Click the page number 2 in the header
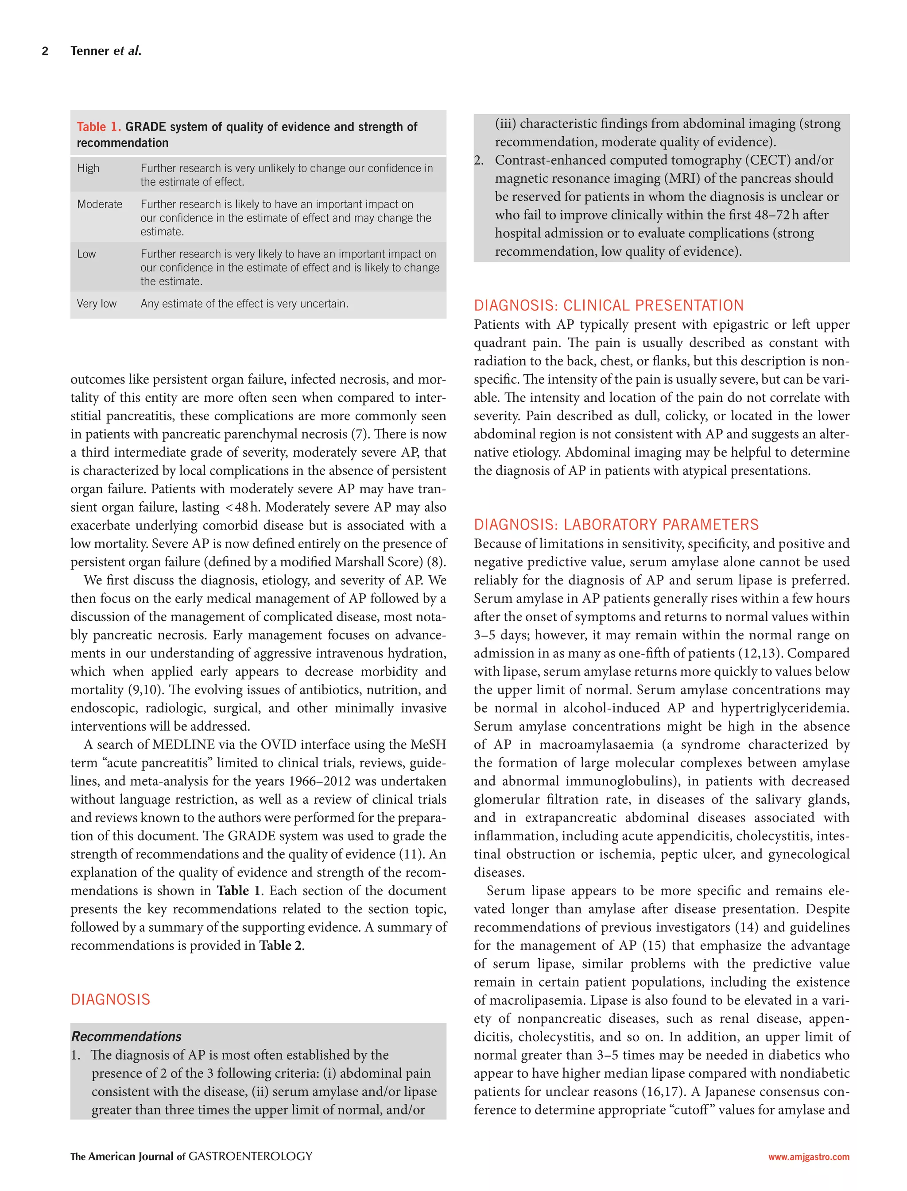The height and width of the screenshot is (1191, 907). click(x=45, y=51)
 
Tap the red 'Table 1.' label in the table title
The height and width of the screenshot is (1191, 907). click(x=99, y=127)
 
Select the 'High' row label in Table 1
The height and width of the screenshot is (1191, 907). click(x=88, y=168)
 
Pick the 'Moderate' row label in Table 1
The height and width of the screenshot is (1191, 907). click(x=99, y=204)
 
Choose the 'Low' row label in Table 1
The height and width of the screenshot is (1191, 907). click(x=86, y=254)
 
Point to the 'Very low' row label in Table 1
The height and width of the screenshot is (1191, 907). click(x=97, y=304)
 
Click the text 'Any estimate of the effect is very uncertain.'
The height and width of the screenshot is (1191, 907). click(x=244, y=304)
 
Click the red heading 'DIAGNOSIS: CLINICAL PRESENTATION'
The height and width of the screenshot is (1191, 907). click(x=609, y=306)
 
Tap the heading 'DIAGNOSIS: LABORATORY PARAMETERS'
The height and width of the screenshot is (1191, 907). click(x=616, y=525)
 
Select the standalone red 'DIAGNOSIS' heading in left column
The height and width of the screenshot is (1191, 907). click(x=110, y=999)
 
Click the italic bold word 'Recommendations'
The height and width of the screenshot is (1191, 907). click(x=126, y=1036)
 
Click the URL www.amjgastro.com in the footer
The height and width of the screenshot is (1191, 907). click(x=809, y=1157)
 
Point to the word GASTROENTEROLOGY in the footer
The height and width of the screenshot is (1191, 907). click(x=251, y=1156)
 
